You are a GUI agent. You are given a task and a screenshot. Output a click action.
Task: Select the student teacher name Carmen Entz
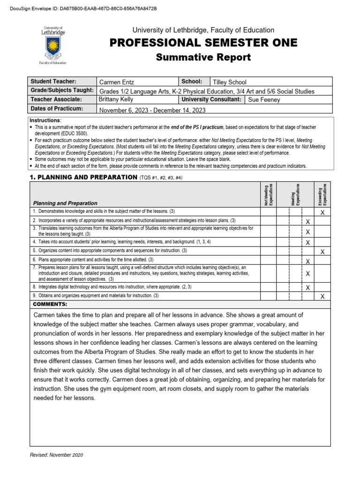[x=116, y=82]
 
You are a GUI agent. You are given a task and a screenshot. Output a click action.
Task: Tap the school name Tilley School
[x=230, y=82]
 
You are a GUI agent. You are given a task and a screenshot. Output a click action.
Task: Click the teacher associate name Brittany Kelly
[x=117, y=99]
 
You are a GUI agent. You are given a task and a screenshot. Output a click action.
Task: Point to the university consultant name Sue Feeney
[x=264, y=100]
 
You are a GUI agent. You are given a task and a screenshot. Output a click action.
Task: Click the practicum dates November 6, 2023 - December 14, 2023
[x=152, y=110]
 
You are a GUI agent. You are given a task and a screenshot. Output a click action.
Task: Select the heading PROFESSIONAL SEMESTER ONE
[x=203, y=43]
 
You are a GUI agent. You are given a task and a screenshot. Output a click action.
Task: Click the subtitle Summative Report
[x=203, y=58]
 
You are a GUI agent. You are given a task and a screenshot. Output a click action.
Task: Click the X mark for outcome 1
[x=322, y=212]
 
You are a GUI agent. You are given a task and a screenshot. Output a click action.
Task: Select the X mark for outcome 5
[x=322, y=251]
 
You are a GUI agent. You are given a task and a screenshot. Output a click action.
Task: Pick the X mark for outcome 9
[x=322, y=296]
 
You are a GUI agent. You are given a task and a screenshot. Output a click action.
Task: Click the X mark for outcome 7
[x=308, y=273]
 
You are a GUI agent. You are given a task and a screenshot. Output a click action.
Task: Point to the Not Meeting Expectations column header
[x=269, y=195]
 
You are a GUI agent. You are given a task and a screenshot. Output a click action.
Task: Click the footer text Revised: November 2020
[x=56, y=455]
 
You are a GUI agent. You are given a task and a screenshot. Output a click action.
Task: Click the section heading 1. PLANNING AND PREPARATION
[x=83, y=177]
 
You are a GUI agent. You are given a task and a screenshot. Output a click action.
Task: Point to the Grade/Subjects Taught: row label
[x=62, y=90]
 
